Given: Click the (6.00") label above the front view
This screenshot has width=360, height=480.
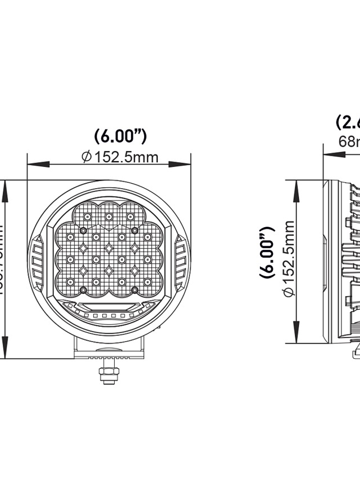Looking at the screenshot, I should click(120, 136).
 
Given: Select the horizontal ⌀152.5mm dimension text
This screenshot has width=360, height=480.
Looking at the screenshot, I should click(120, 157).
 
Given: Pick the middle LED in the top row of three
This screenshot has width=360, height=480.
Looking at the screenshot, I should click(109, 217).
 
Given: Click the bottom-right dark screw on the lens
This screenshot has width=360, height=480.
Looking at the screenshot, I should click(134, 290).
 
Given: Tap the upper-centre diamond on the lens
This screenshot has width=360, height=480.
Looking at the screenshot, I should click(109, 247).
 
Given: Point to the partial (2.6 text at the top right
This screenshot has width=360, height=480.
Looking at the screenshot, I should click(347, 122).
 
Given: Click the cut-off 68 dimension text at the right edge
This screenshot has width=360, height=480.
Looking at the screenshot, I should click(349, 142).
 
